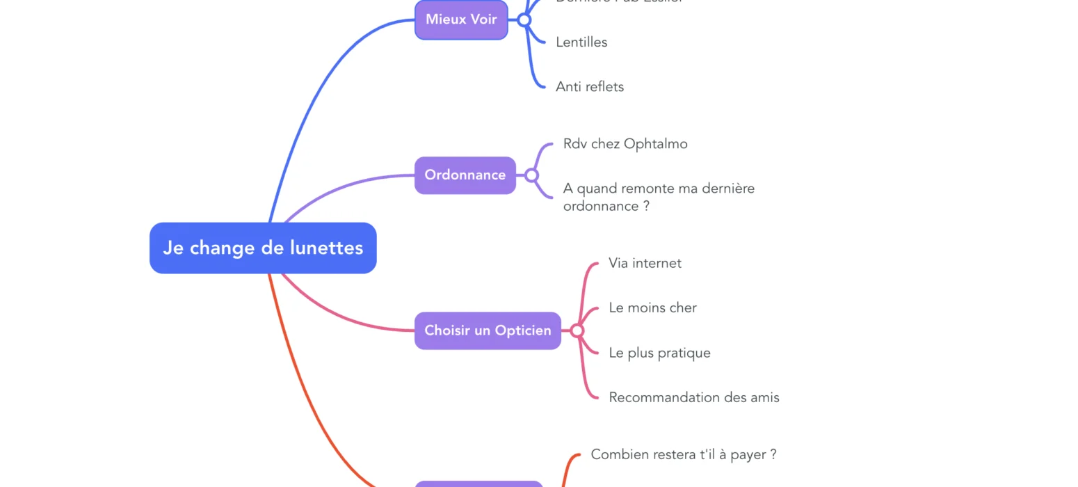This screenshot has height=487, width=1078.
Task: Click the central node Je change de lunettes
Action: (263, 248)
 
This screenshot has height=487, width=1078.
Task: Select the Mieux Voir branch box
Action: (461, 19)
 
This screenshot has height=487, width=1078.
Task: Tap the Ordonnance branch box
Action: (465, 175)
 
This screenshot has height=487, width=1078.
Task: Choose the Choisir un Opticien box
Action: (488, 330)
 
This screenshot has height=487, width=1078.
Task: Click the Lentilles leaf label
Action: (581, 42)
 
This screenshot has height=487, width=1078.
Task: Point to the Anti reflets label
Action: (590, 87)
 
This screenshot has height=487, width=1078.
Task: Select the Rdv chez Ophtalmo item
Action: (625, 144)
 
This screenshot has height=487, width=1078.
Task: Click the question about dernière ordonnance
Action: (658, 197)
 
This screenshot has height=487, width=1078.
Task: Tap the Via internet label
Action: (645, 263)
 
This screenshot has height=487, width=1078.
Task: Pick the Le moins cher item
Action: (652, 308)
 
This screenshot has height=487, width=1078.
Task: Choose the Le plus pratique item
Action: (659, 353)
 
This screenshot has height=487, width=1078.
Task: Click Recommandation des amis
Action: (693, 397)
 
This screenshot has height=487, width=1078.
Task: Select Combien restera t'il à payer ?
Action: (683, 454)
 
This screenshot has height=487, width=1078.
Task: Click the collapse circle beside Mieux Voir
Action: (524, 20)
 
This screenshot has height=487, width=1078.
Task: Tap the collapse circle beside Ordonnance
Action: (531, 175)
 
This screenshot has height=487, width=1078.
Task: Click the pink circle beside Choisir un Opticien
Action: (577, 330)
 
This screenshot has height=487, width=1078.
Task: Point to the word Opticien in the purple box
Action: (522, 330)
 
